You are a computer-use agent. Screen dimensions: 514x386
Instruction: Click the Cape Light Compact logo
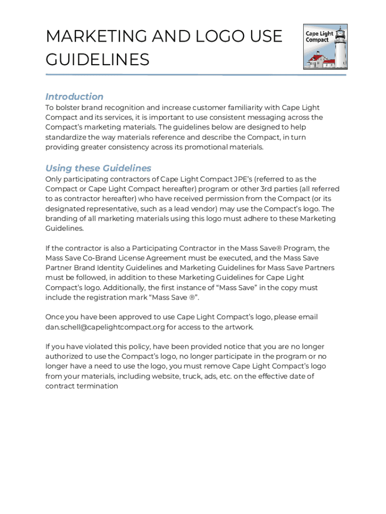tap(325, 47)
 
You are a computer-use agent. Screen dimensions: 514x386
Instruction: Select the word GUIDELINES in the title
tap(97, 60)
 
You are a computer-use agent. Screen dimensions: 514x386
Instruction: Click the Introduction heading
tap(74, 96)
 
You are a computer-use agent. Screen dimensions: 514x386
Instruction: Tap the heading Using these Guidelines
tap(98, 168)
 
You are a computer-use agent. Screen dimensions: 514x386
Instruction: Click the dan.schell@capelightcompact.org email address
tap(105, 327)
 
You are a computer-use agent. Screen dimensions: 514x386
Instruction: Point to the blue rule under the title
tap(196, 75)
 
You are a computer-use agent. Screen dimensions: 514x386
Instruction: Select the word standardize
tap(68, 137)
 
